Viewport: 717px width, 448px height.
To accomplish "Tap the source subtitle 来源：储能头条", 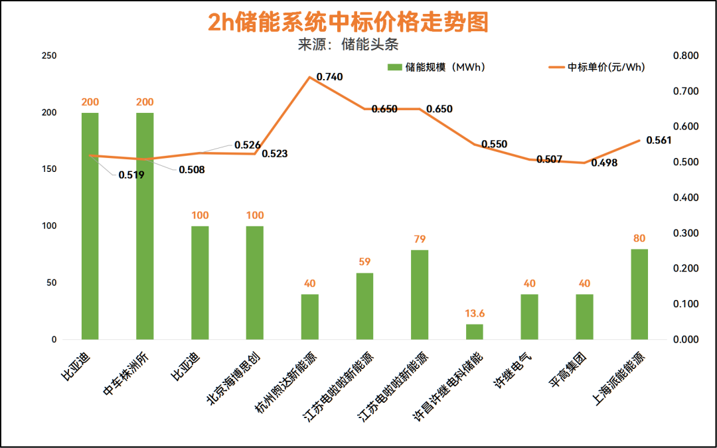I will tap(348, 45).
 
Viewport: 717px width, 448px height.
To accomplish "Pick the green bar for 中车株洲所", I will tap(145, 226).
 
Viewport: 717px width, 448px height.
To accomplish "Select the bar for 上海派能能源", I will tap(639, 294).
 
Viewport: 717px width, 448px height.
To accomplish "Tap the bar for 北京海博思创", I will tap(255, 283).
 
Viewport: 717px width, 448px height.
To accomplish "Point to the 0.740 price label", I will tap(329, 77).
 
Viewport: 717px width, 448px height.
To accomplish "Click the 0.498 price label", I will tap(604, 163).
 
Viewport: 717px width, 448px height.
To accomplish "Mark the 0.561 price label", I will tap(659, 140).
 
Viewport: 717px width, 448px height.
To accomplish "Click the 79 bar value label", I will tap(420, 240).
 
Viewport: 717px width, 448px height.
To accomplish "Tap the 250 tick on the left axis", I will tap(48, 56).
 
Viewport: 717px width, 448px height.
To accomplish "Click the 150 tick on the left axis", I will tap(48, 169).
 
